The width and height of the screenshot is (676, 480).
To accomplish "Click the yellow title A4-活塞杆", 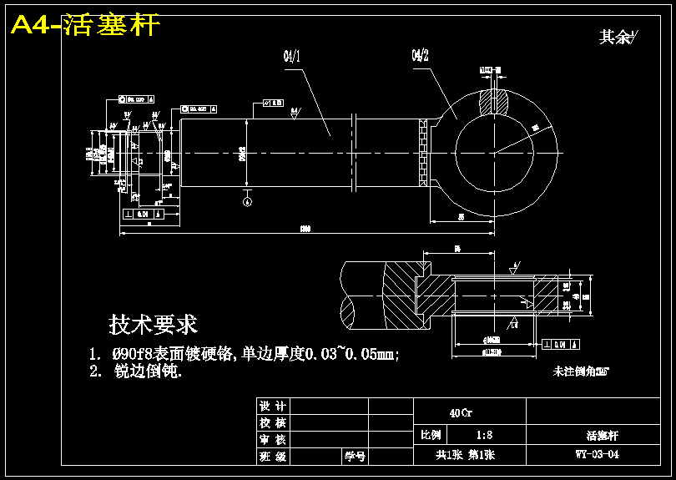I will coord(84,25).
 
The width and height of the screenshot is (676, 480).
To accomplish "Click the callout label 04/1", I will coord(292,56).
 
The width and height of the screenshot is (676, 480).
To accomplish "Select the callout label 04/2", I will coord(420,56).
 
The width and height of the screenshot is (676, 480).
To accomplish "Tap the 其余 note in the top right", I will coord(617,37).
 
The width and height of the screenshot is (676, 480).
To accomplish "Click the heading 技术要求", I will coord(153,324).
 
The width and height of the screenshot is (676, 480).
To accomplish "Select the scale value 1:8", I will coord(483,435).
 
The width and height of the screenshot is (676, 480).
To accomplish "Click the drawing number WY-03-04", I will coord(597,455).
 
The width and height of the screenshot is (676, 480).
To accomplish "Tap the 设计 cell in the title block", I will coord(273,406).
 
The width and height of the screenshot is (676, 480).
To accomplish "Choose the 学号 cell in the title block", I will coord(355,456).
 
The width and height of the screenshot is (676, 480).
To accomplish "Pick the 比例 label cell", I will coord(431,435).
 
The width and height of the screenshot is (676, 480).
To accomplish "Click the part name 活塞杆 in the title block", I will coord(602,435).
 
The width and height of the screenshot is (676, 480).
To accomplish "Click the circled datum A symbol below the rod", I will coord(246,200).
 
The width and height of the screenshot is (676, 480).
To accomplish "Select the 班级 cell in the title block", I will coord(273,456).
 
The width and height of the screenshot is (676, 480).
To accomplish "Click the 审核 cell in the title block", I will coord(273,439).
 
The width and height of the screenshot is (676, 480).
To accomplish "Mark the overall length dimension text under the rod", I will coord(305,228).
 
